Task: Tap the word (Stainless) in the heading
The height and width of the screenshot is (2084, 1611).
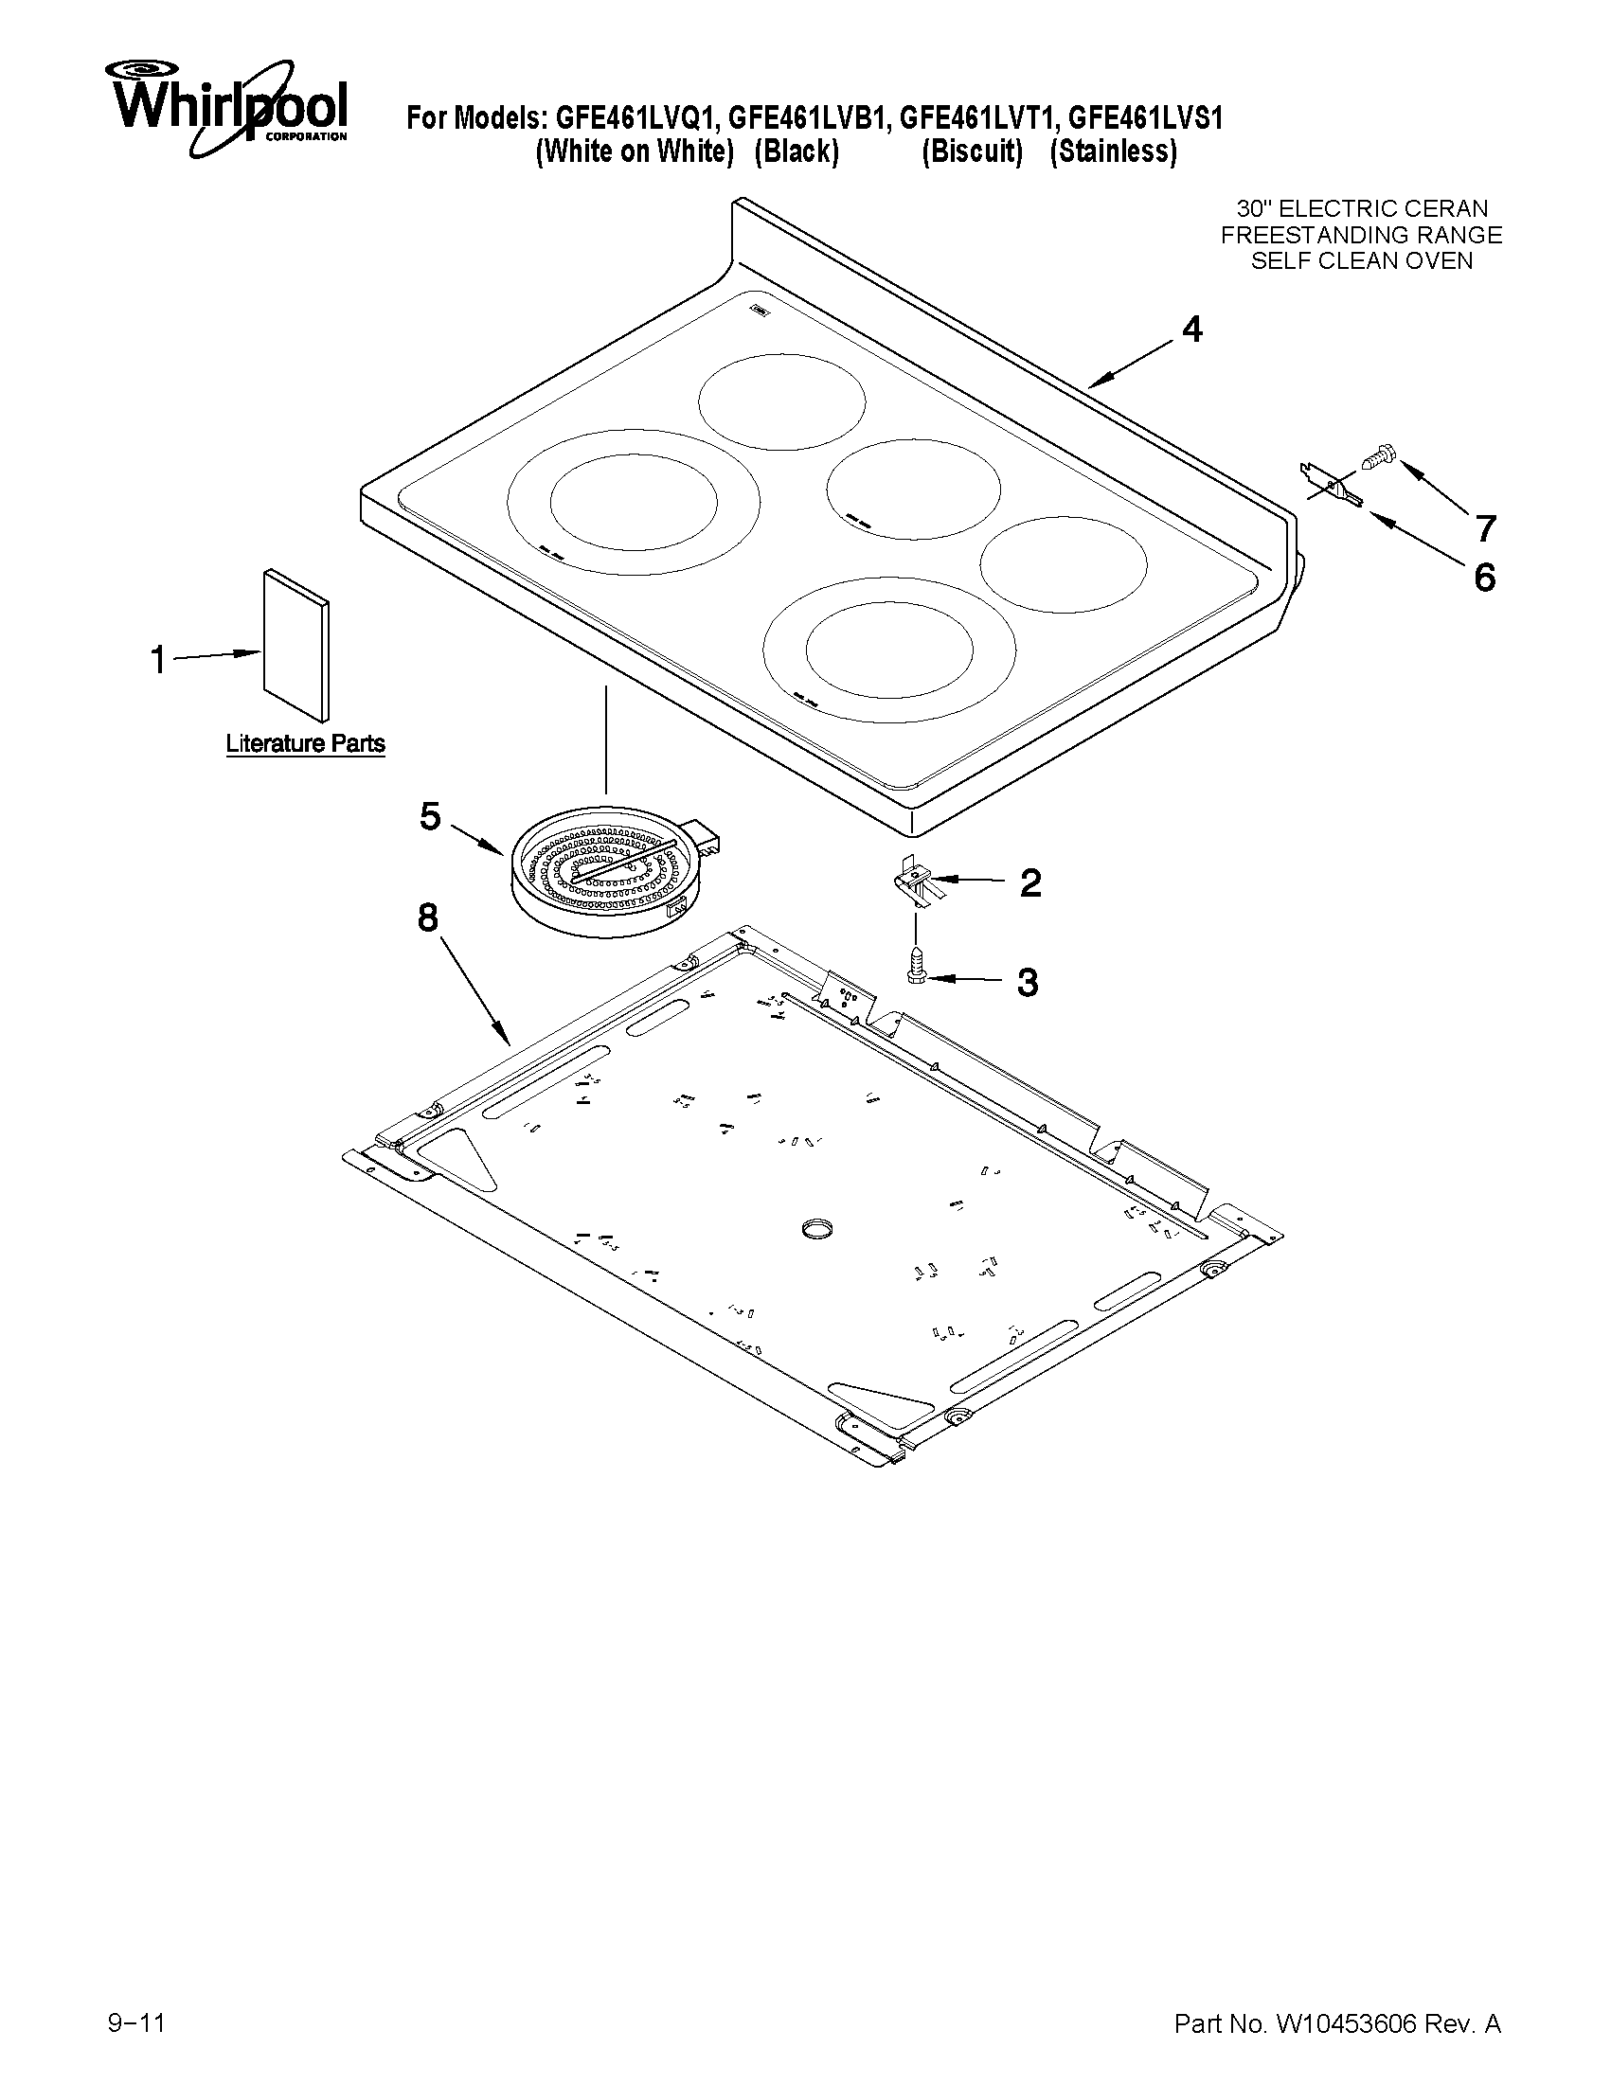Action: click(x=1113, y=151)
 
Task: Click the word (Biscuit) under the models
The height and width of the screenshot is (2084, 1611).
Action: click(x=972, y=151)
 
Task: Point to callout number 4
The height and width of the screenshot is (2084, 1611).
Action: click(x=1192, y=330)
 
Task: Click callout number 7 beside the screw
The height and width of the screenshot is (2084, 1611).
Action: click(x=1485, y=526)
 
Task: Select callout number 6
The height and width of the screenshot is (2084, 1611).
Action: click(x=1485, y=578)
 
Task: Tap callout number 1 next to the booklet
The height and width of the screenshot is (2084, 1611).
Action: click(x=158, y=658)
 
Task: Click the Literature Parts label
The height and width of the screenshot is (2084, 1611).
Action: click(x=305, y=743)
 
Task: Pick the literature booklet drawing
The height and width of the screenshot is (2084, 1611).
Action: click(x=296, y=645)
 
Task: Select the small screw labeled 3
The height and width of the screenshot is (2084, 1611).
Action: click(x=915, y=965)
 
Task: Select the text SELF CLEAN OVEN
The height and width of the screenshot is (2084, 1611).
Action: click(x=1362, y=260)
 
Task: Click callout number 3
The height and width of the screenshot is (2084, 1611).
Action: click(x=1027, y=982)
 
